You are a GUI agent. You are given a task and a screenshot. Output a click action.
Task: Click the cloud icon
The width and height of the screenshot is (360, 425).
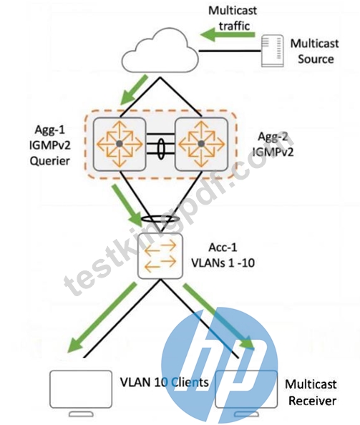click(160, 51)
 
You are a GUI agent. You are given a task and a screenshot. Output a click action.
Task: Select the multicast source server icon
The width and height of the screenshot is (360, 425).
click(273, 51)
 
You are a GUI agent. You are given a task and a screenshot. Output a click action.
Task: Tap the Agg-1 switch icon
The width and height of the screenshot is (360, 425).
click(120, 144)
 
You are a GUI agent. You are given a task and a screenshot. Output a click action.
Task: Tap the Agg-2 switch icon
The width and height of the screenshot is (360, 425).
click(201, 144)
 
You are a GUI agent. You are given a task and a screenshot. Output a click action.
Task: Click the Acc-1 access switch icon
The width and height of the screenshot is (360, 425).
click(160, 255)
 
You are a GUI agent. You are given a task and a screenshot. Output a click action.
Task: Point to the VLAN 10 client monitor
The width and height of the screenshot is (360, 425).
click(81, 393)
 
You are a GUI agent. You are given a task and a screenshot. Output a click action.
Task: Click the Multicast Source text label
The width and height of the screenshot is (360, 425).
click(315, 52)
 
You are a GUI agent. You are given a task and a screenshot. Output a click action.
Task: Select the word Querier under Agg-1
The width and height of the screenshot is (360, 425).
click(50, 161)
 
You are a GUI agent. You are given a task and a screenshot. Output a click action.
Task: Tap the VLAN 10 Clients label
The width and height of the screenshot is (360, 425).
click(165, 383)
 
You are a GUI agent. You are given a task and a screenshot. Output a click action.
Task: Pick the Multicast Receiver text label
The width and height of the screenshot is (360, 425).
click(311, 393)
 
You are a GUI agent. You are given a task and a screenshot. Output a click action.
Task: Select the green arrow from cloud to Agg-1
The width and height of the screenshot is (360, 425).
click(134, 89)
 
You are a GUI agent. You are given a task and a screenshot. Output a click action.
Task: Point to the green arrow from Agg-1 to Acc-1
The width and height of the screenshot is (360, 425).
click(127, 206)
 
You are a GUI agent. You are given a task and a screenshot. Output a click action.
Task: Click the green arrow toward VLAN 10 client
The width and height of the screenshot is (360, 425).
click(102, 318)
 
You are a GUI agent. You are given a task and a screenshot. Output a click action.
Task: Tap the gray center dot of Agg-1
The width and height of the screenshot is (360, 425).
click(120, 144)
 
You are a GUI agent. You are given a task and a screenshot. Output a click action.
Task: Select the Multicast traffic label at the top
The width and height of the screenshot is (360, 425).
click(233, 19)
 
